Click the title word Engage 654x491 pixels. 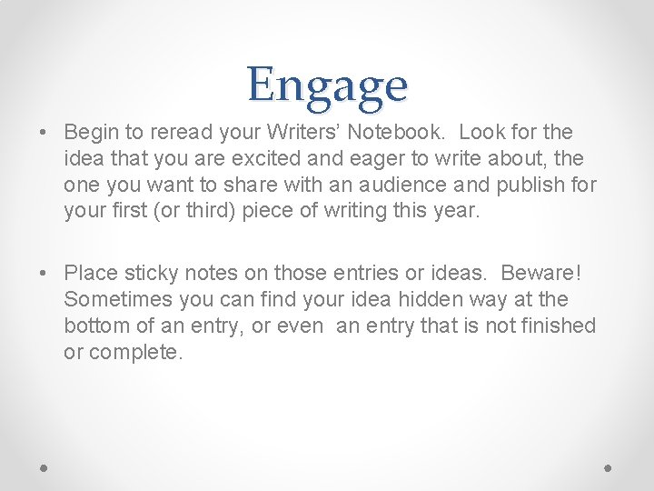pos(327,86)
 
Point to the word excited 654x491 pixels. pos(229,159)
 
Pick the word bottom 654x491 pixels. pos(94,326)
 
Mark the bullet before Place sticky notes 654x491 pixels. pos(44,274)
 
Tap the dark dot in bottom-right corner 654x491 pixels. pos(609,467)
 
